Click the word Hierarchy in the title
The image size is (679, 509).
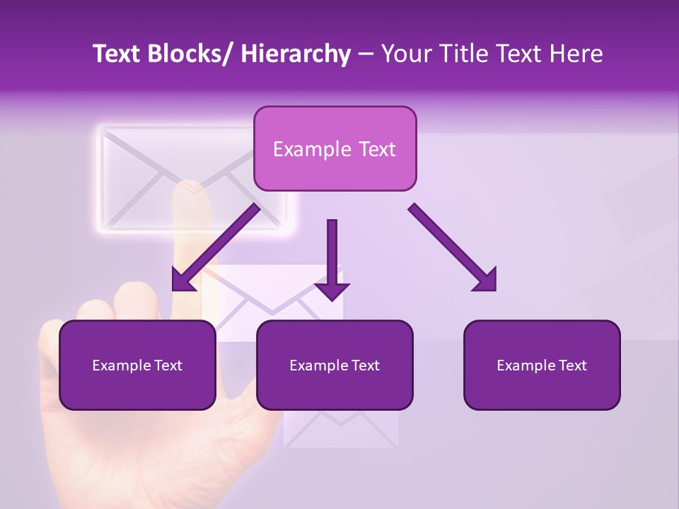296,54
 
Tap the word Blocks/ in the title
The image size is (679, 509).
187,54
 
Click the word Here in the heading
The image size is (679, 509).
576,54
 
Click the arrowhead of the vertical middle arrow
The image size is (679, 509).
332,291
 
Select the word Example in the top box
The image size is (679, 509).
306,149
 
